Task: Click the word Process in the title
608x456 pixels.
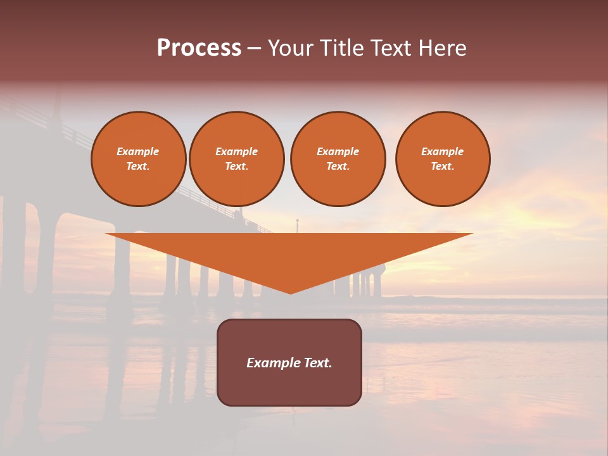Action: pos(199,48)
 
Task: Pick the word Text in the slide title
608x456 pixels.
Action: pos(389,48)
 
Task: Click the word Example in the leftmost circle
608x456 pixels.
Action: pos(138,151)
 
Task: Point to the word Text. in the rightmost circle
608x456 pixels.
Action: pos(442,166)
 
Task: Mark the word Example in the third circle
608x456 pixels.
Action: pos(338,151)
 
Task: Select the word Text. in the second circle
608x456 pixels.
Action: pos(236,166)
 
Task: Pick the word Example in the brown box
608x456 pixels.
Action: pos(274,363)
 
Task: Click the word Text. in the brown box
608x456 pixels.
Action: pos(317,363)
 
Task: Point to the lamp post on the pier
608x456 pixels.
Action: pos(297,225)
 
